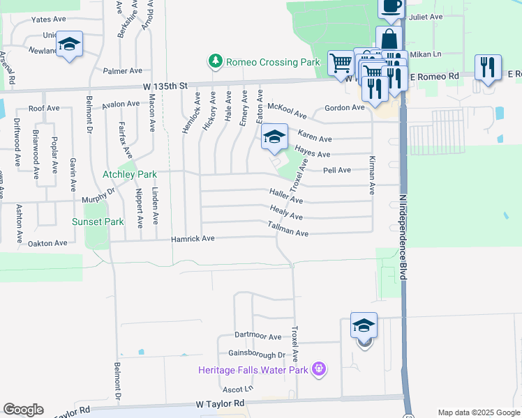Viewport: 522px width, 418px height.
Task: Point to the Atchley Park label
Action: (x=129, y=174)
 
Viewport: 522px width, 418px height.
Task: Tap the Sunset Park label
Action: (x=98, y=222)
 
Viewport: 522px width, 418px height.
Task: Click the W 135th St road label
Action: (x=165, y=86)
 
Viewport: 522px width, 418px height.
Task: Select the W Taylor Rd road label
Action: (x=221, y=403)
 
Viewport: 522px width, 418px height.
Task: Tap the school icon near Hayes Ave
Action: (x=275, y=137)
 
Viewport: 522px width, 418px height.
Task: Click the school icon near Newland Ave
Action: (x=69, y=44)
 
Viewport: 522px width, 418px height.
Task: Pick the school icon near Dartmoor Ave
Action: (x=364, y=325)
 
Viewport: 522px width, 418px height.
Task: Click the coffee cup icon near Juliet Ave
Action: (x=391, y=7)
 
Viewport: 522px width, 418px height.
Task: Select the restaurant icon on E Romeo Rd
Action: (x=487, y=68)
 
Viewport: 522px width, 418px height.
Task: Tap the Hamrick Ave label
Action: (x=193, y=239)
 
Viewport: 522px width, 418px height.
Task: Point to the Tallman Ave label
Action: (x=288, y=229)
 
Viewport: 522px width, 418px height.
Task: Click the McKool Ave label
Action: (x=287, y=110)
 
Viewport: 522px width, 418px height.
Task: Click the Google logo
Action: (x=23, y=409)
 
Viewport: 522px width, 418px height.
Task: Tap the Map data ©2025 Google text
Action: (x=479, y=412)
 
